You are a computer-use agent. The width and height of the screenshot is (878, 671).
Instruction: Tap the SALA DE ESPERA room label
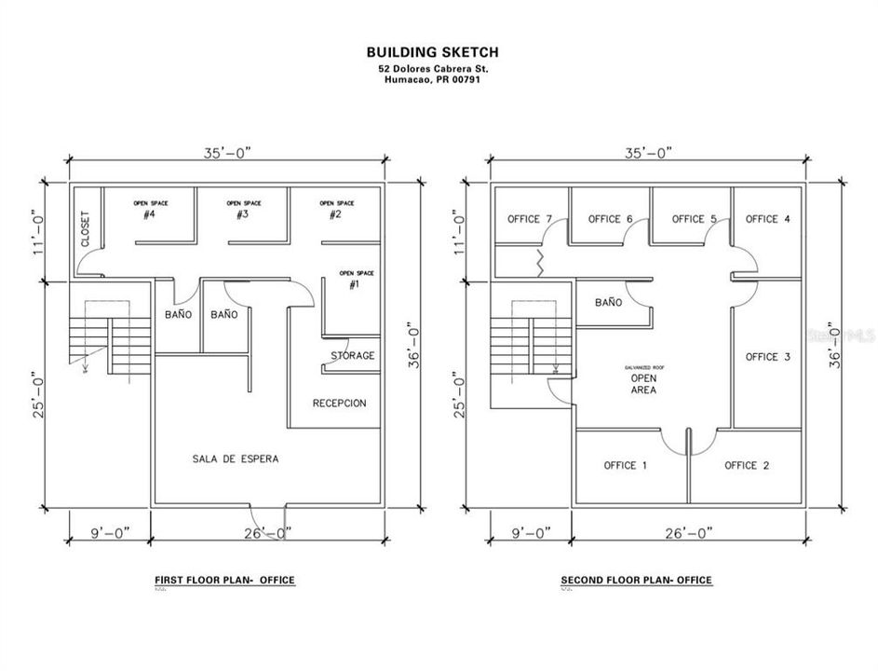pos(236,459)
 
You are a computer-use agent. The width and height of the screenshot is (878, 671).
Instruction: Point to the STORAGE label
pos(352,355)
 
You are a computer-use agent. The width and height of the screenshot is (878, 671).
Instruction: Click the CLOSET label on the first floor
pos(86,227)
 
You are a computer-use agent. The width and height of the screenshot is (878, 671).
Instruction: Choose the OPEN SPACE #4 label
pos(148,210)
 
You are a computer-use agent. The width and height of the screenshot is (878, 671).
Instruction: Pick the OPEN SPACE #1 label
pos(356,280)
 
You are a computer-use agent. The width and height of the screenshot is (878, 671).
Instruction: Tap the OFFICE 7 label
pos(530,219)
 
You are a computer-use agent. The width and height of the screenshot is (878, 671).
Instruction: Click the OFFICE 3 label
pos(768,357)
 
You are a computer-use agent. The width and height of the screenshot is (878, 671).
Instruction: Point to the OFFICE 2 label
pos(746,465)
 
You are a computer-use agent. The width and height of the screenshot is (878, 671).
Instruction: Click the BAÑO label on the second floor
pos(608,303)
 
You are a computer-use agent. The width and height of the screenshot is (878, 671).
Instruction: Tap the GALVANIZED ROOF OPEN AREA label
pos(643,380)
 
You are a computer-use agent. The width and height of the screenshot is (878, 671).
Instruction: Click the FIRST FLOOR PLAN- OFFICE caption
pos(224,580)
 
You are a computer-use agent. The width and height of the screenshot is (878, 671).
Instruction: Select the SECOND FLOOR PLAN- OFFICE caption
pos(636,580)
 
